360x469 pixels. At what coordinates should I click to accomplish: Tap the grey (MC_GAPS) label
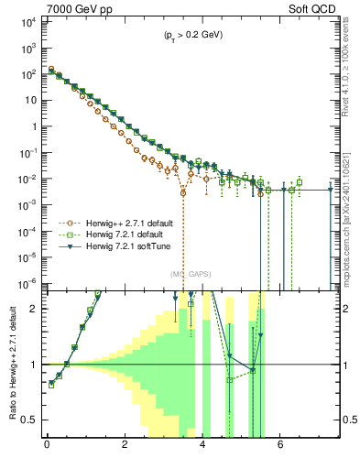click(189, 274)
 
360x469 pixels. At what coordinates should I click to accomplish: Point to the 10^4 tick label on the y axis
click(27, 19)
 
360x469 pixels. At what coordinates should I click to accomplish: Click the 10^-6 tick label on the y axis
click(27, 281)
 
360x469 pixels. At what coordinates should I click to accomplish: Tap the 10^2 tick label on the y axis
click(27, 71)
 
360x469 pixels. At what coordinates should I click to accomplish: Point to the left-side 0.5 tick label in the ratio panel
click(29, 420)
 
